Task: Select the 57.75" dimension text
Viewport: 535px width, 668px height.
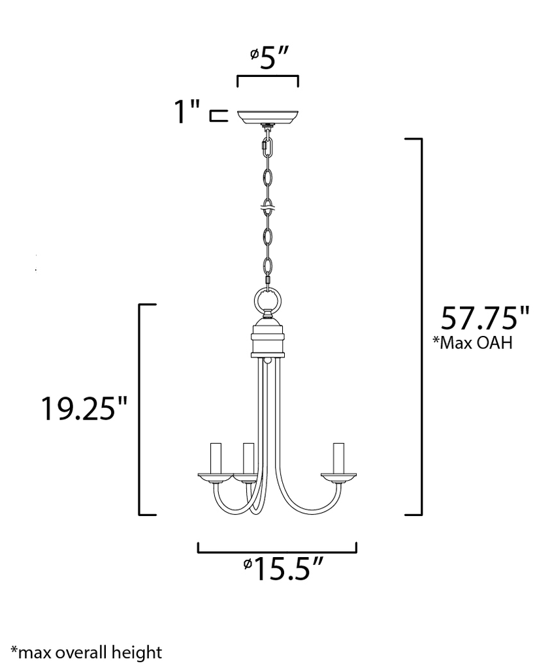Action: tap(484, 318)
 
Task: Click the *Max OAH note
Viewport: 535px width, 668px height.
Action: tap(472, 343)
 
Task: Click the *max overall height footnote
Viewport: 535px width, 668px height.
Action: tap(86, 651)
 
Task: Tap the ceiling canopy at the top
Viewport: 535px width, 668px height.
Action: tap(267, 117)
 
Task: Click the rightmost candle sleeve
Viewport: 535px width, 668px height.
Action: tap(338, 459)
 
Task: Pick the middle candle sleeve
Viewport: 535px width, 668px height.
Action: tap(248, 459)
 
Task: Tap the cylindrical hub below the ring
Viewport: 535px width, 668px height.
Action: tap(267, 339)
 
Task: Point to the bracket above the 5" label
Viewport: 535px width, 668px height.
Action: tap(267, 80)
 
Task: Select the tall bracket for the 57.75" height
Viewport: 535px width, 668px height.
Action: tap(419, 326)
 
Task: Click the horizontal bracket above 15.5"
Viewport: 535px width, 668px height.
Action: tap(277, 549)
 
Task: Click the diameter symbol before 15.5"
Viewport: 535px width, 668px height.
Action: tap(248, 565)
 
